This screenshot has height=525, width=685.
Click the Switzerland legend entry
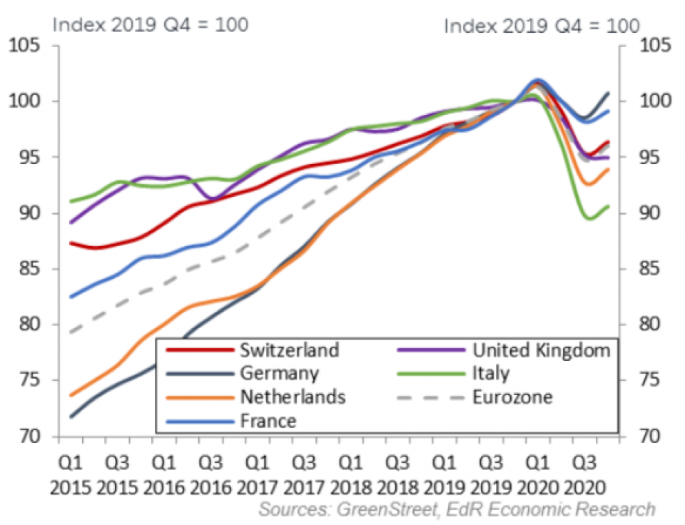click(x=289, y=350)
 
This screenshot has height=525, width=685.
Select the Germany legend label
click(x=279, y=373)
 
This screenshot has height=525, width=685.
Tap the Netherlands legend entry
click(x=293, y=397)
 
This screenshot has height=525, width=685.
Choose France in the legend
click(x=268, y=420)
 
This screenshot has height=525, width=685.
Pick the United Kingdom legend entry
click(x=542, y=350)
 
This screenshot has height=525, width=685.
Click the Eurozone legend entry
click(x=512, y=397)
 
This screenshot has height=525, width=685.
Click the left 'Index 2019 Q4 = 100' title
click(x=151, y=24)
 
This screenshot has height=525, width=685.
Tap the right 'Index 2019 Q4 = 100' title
click(x=542, y=26)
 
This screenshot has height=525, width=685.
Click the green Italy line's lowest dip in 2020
click(x=589, y=219)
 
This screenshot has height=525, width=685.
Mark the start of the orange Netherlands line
click(x=71, y=395)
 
